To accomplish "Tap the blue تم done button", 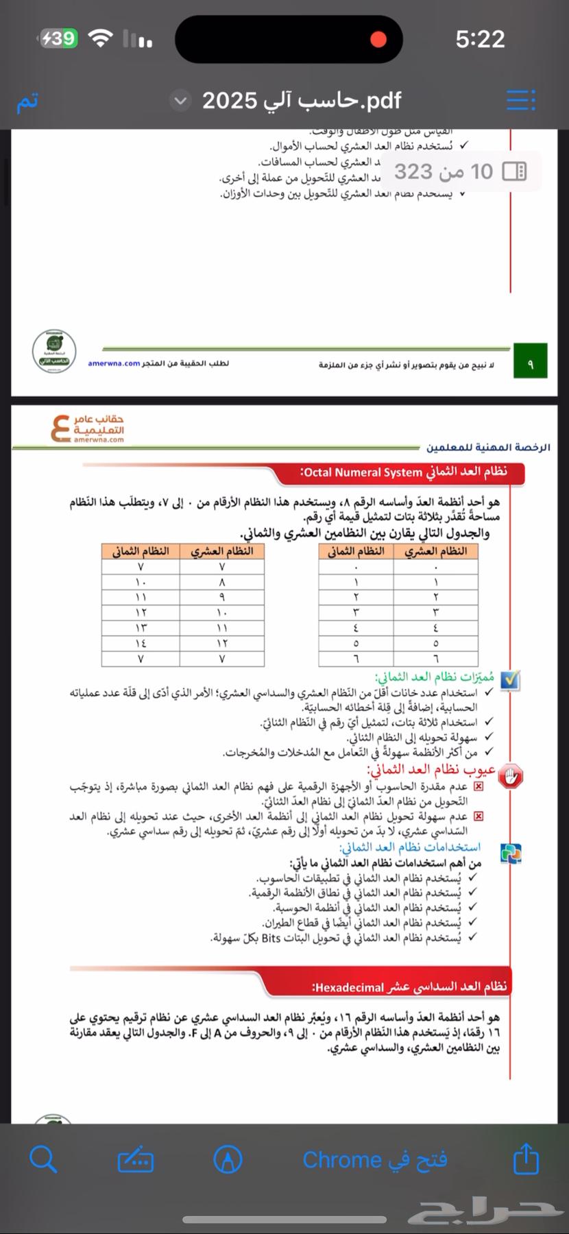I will coord(27,101).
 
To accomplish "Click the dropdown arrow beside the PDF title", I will coord(180,101).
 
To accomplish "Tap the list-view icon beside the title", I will coord(521,101).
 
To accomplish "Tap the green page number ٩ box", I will coord(530,364).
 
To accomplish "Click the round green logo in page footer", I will coord(54,351).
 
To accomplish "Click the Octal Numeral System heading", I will coord(404,472).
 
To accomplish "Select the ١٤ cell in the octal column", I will coord(141,643).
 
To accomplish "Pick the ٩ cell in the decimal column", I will coord(221,597).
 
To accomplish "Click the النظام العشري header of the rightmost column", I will coord(435,551).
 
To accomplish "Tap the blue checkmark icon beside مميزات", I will coord(510,679).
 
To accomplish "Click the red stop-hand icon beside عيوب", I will coord(510,777).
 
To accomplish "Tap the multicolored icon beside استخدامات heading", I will coord(511,853).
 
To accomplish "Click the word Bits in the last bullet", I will coord(271,938).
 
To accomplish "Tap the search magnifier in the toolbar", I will coord(43,1159).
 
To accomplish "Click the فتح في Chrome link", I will coord(375,1160).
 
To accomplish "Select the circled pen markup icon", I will coord(228,1159).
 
